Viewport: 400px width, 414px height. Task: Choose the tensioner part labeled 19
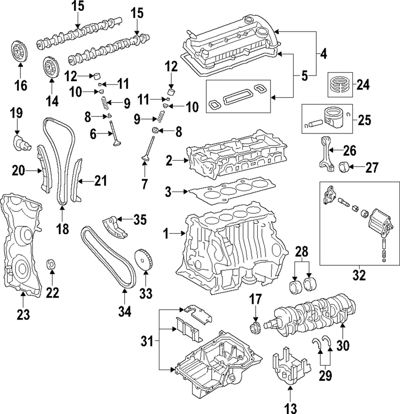[21, 143]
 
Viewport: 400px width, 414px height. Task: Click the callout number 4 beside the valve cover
[323, 54]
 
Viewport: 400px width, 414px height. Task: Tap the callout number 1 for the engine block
[166, 234]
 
